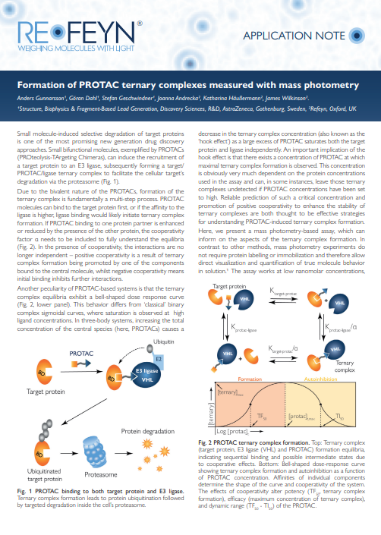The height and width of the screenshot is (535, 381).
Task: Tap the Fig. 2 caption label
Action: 208,442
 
